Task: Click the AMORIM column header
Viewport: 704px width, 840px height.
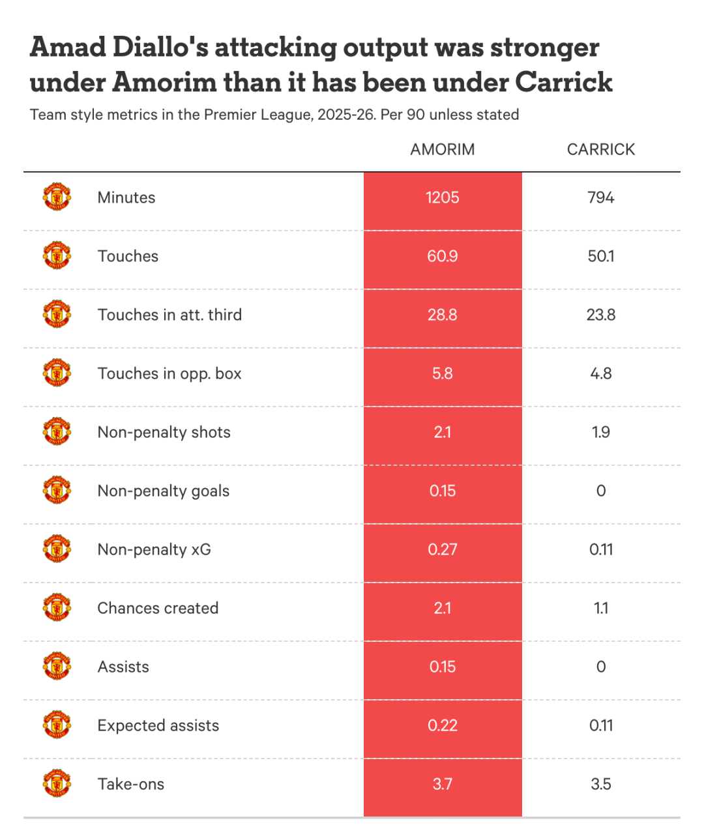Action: click(x=442, y=149)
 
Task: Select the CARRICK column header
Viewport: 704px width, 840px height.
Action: click(x=600, y=149)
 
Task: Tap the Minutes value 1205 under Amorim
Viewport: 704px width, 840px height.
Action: click(x=442, y=197)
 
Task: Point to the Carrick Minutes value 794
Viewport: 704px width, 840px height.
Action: click(x=600, y=197)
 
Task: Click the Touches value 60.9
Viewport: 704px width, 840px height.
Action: click(x=442, y=256)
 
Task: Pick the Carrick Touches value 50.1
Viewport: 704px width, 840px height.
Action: click(x=600, y=256)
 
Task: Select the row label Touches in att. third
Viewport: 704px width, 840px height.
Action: click(x=169, y=315)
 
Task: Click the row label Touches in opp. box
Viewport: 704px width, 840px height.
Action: click(x=169, y=373)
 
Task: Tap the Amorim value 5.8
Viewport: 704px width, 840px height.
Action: click(x=442, y=373)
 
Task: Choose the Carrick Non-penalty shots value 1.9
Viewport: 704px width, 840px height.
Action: click(x=600, y=432)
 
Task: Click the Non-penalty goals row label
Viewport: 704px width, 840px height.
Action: click(x=164, y=491)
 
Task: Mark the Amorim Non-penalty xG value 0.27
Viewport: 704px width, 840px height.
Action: click(x=442, y=549)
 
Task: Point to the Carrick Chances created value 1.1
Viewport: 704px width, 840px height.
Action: click(x=600, y=608)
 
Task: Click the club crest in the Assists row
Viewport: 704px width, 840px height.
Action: click(x=57, y=667)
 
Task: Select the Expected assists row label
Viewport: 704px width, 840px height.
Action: click(x=158, y=725)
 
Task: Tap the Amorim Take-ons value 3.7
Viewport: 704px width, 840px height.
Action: click(x=442, y=784)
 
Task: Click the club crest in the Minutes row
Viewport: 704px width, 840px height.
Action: click(x=57, y=197)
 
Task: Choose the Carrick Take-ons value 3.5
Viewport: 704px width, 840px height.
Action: click(x=600, y=784)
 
